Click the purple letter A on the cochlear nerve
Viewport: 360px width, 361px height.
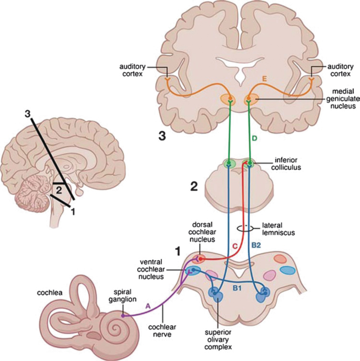149,306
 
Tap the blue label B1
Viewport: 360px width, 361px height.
237,287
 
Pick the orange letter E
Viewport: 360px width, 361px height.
265,79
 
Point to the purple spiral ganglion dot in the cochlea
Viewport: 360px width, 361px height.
123,316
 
